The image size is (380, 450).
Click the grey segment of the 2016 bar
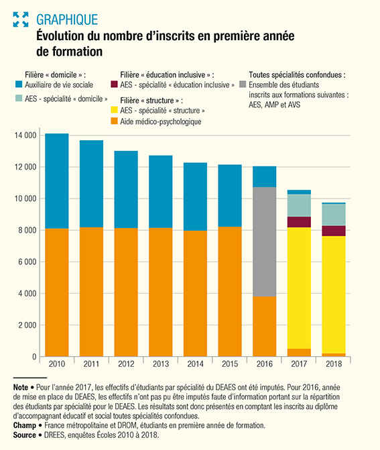click(265, 241)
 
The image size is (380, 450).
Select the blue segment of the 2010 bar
click(57, 181)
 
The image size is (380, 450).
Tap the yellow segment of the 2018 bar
click(334, 294)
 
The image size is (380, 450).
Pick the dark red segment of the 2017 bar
click(299, 222)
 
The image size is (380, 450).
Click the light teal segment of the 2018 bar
click(334, 215)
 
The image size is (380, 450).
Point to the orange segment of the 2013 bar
click(161, 292)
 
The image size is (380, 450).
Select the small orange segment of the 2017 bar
click(299, 353)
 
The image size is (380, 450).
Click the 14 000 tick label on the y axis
click(25, 135)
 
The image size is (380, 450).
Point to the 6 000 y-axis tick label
click(28, 262)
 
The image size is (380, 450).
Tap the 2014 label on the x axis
click(195, 364)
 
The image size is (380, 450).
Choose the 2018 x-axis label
click(334, 364)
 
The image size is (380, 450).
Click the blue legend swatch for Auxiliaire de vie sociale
click(19, 85)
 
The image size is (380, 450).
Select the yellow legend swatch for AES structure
click(114, 110)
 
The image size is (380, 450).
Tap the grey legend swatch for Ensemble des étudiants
click(243, 85)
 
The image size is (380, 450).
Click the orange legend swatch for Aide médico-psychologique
click(114, 121)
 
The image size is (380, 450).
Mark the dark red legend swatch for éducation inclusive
click(114, 85)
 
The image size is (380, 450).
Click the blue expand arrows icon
click(21, 19)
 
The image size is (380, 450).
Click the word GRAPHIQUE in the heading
click(67, 19)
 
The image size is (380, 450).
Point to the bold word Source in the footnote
click(24, 435)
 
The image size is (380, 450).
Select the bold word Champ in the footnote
click(25, 426)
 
